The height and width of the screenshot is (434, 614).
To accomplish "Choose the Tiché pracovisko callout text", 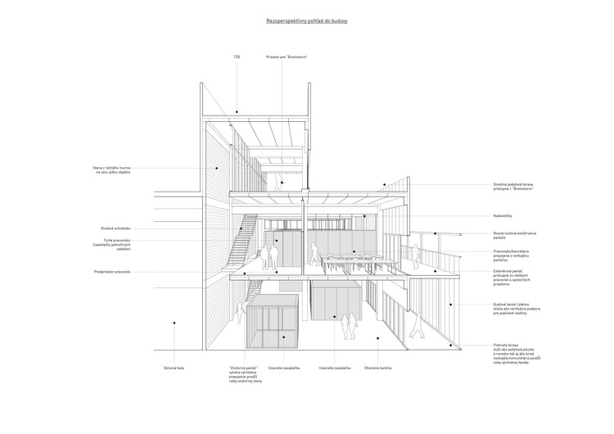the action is pyautogui.click(x=113, y=243).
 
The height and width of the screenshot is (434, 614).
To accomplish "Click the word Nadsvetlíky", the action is pyautogui.click(x=503, y=215).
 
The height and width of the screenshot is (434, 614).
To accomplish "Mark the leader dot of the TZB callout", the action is pyautogui.click(x=237, y=112).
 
